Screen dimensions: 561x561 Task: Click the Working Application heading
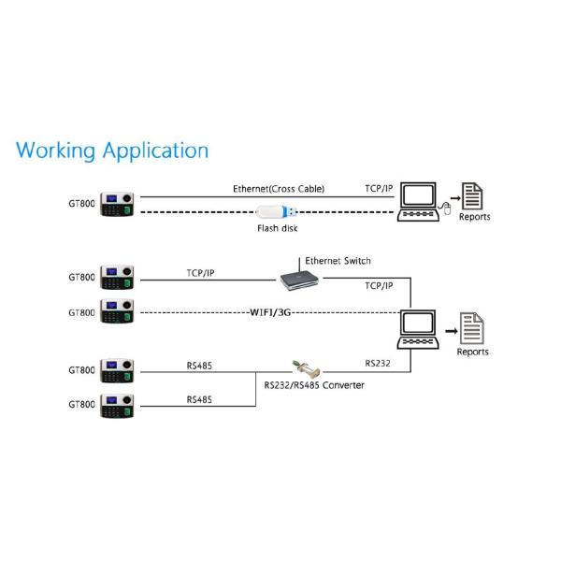click(x=112, y=150)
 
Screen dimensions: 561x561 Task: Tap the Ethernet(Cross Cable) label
click(x=279, y=188)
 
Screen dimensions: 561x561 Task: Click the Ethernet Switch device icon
click(x=298, y=278)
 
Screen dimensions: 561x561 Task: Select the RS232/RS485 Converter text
click(x=314, y=385)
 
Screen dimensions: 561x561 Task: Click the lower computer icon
click(x=417, y=330)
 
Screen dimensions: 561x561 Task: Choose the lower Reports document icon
click(x=472, y=328)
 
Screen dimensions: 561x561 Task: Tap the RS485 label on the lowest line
click(x=198, y=398)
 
